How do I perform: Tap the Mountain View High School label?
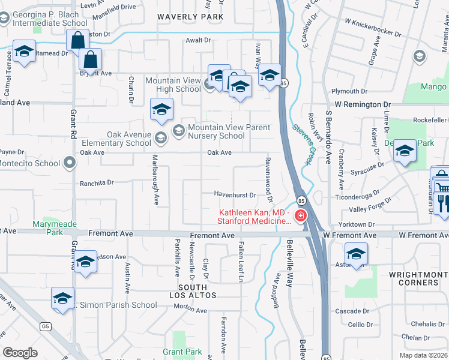173,85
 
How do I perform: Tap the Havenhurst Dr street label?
236,194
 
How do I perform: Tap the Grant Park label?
182,352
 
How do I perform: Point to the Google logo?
20,353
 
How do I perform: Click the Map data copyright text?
423,355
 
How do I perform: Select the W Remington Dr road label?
363,104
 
